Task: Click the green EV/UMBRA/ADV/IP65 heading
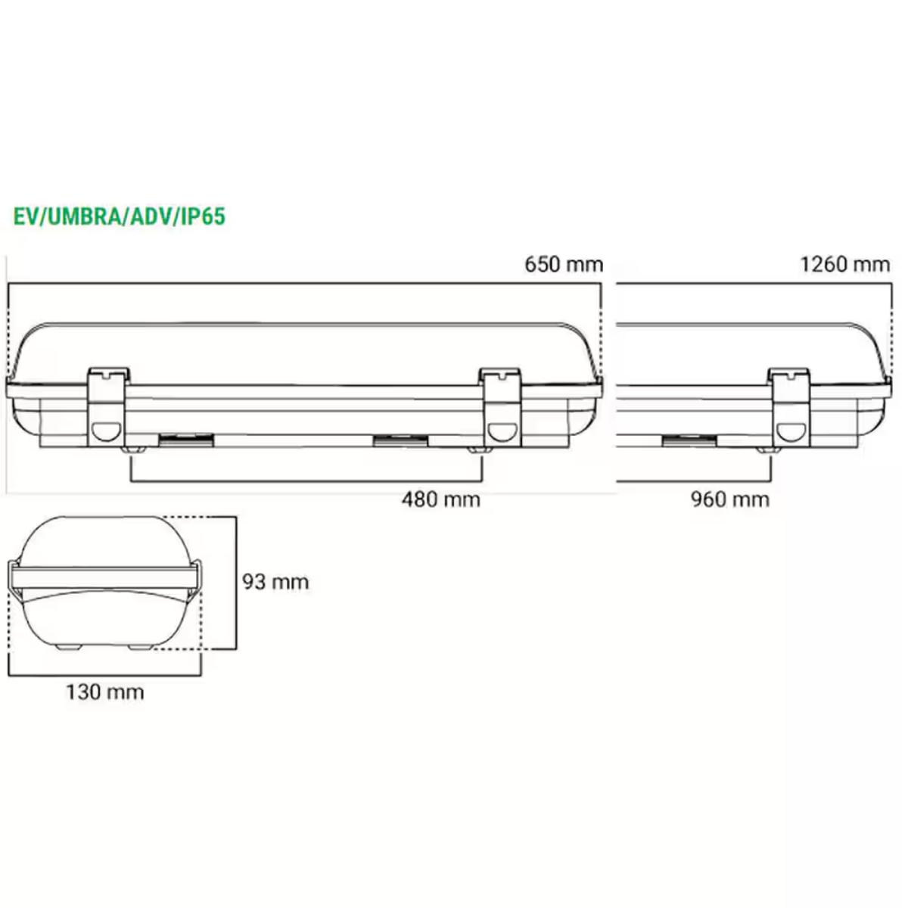(x=120, y=217)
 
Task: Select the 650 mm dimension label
(x=564, y=265)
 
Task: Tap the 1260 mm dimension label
(x=845, y=265)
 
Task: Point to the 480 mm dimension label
(x=441, y=499)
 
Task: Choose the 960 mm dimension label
(x=730, y=499)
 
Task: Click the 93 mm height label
(x=275, y=583)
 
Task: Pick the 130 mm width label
(x=105, y=692)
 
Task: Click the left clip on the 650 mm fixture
(x=108, y=407)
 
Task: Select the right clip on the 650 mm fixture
(x=500, y=407)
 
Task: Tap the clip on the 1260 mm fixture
(x=789, y=407)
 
